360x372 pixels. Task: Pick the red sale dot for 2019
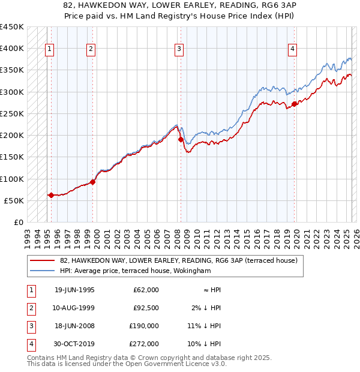coord(294,104)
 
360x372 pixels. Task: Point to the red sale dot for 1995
coord(51,195)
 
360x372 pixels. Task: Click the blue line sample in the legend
coord(41,271)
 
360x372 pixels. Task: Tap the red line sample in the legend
coord(41,260)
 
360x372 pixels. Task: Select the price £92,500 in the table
coord(146,308)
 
